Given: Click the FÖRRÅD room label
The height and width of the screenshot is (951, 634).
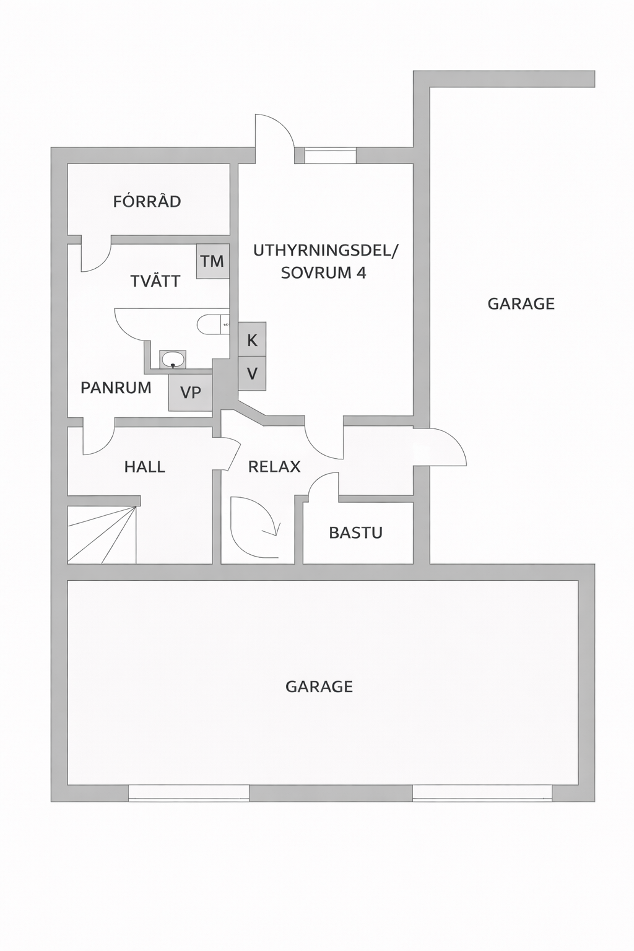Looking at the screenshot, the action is click(x=147, y=201).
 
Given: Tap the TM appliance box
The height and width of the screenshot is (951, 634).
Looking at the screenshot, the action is click(x=213, y=261).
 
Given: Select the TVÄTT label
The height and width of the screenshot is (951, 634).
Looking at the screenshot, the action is click(x=155, y=280).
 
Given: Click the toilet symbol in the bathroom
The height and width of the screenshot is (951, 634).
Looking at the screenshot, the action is click(x=213, y=326).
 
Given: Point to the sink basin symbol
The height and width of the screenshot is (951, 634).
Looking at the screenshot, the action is click(x=173, y=360).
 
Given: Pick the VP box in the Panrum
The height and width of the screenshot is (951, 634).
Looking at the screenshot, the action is click(x=190, y=393).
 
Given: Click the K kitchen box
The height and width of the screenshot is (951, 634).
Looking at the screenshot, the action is click(x=252, y=340).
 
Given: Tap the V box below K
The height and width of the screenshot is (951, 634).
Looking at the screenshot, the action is click(x=252, y=373).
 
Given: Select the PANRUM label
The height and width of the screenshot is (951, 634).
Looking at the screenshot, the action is click(x=116, y=388).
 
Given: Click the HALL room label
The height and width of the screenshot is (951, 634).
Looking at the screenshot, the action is click(x=145, y=467).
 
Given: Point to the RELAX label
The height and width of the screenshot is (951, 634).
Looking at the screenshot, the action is click(x=274, y=467).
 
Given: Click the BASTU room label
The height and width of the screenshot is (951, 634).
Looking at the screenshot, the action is click(x=356, y=532).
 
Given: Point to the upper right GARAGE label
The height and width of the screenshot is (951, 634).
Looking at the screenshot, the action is click(x=521, y=304).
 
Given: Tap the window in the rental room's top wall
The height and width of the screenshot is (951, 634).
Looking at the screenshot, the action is click(x=331, y=155).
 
